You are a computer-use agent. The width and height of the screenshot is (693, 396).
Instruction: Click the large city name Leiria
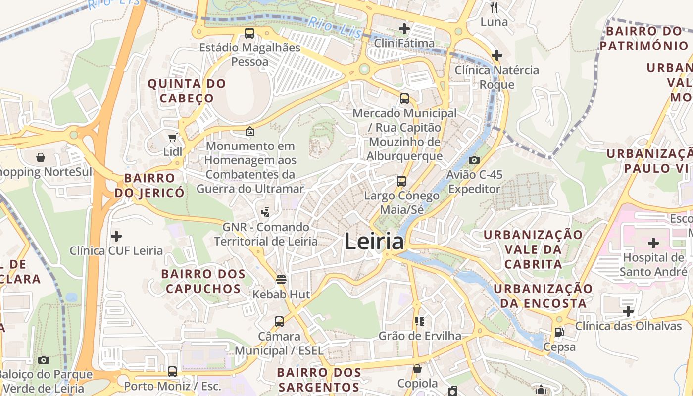(x=374, y=242)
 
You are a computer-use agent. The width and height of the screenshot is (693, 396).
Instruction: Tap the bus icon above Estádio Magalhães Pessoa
(x=249, y=33)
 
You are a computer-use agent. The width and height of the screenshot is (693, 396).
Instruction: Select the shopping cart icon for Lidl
(x=172, y=137)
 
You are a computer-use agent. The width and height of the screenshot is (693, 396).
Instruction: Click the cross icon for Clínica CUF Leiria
(x=116, y=236)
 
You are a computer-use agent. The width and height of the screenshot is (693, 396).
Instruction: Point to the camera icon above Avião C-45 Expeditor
(x=474, y=160)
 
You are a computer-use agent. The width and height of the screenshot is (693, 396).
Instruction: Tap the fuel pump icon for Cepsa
(x=559, y=332)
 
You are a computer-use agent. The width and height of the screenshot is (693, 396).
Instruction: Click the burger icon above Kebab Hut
(x=281, y=279)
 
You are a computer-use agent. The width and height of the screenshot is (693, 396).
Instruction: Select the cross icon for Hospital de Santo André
(x=653, y=243)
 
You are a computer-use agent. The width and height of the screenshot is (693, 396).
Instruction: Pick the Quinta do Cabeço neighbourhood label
(x=187, y=91)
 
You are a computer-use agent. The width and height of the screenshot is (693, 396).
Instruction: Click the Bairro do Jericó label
(x=149, y=185)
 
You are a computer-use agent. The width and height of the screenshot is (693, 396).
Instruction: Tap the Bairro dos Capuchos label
(x=203, y=281)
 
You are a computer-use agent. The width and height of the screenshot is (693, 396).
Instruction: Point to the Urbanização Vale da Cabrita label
(x=533, y=249)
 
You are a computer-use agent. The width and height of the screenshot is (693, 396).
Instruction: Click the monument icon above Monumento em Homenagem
(x=250, y=131)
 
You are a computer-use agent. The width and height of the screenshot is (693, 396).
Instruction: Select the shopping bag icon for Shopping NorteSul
(x=40, y=157)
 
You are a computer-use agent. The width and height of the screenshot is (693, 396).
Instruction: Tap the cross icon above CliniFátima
(x=404, y=28)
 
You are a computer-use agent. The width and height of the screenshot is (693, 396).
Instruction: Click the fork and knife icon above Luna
(x=494, y=7)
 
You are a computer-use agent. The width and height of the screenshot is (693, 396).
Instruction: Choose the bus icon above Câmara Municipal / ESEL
(x=279, y=322)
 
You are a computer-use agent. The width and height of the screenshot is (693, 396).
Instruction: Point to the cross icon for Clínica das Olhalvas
(x=628, y=311)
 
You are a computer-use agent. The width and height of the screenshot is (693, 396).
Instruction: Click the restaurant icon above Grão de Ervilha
(x=419, y=321)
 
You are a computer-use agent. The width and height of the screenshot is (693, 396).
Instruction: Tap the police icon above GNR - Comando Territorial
(x=265, y=212)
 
